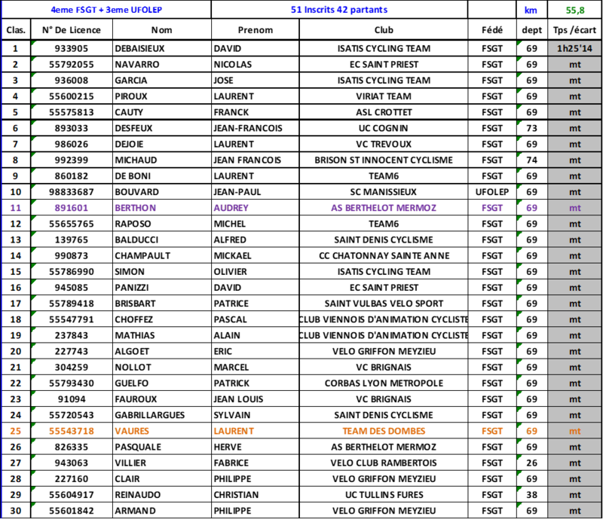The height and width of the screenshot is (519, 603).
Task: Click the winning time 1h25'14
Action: [x=574, y=48]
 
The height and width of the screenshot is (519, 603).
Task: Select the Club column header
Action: [x=384, y=30]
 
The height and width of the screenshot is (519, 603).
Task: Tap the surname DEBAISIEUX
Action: [x=139, y=48]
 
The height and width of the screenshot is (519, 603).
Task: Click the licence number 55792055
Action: [x=71, y=65]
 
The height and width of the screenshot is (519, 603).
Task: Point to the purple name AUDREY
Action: [x=231, y=208]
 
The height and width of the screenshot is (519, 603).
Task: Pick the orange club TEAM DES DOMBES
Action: [x=384, y=432]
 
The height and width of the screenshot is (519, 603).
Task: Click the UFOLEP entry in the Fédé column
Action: [x=492, y=192]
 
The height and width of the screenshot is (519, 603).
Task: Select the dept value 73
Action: [x=531, y=128]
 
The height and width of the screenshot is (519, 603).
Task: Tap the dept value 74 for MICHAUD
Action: [x=531, y=160]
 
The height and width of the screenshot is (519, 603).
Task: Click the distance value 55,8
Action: [x=575, y=10]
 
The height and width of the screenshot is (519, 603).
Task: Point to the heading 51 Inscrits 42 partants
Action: [x=339, y=10]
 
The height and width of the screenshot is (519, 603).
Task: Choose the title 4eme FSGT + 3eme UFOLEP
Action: [x=106, y=10]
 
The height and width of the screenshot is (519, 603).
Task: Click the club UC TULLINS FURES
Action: [x=384, y=495]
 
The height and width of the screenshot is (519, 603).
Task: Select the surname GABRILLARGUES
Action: [x=149, y=415]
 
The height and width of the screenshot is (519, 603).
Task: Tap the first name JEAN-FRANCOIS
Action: [x=248, y=128]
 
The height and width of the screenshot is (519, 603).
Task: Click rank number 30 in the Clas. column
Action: [x=15, y=511]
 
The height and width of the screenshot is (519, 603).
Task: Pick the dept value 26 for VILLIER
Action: [x=531, y=463]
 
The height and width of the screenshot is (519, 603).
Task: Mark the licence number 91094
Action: [x=72, y=399]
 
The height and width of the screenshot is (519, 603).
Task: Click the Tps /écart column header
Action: [x=574, y=30]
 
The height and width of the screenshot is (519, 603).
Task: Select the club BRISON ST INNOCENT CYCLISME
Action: [x=384, y=160]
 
